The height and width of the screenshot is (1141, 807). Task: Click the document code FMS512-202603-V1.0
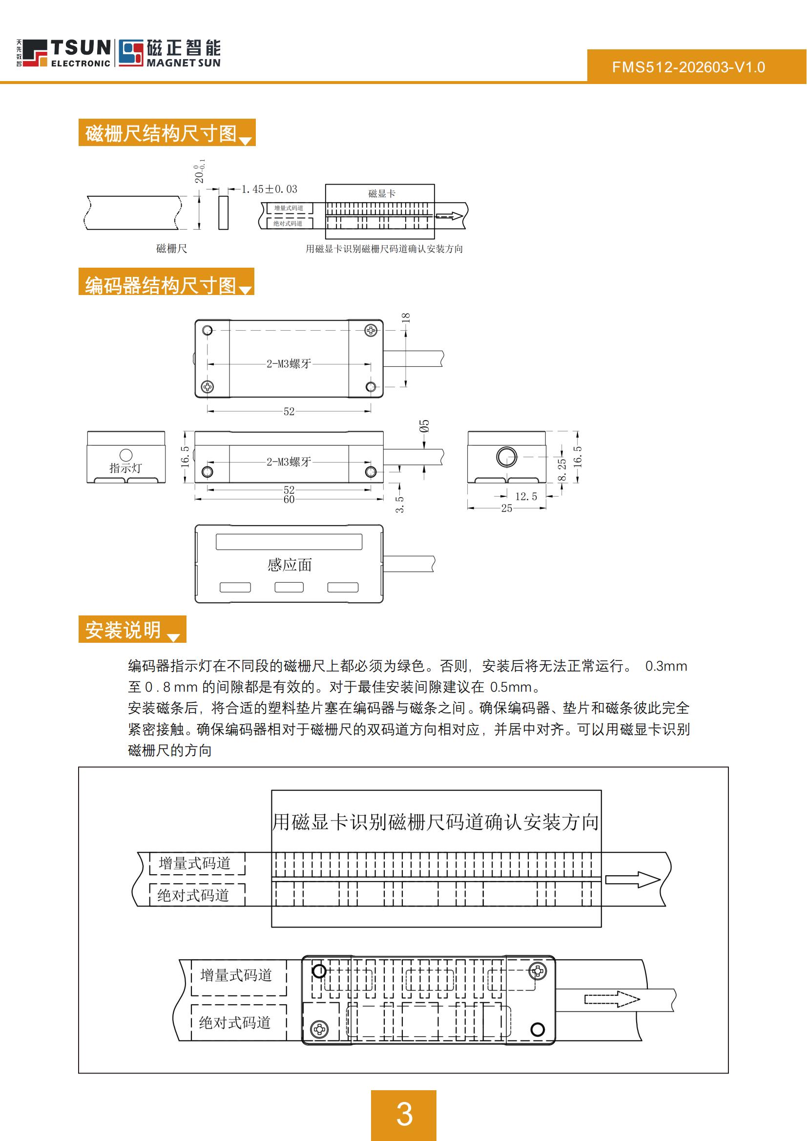688,67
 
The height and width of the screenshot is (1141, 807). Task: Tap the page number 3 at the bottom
404,1114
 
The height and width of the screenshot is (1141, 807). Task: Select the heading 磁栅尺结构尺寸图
161,133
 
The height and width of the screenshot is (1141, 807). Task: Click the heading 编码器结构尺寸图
161,285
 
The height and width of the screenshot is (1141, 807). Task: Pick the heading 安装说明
123,630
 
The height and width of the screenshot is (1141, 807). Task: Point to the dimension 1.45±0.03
269,190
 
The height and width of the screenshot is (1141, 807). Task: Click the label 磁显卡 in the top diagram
382,193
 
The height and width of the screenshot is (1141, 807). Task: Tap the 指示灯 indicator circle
126,455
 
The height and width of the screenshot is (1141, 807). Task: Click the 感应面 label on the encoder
289,565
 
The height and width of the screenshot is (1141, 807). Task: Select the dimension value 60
289,500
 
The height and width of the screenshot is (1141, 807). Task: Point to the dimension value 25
506,508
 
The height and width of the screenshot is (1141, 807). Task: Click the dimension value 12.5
526,497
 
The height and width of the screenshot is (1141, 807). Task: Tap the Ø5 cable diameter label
424,426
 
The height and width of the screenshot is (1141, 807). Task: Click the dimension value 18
406,317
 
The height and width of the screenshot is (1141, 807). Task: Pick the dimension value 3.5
399,504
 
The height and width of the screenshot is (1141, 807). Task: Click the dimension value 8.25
562,469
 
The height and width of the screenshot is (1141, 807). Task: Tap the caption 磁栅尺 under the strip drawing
171,249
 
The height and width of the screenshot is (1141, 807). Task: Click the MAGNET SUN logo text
184,63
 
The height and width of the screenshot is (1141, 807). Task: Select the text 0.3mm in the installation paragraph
666,666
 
